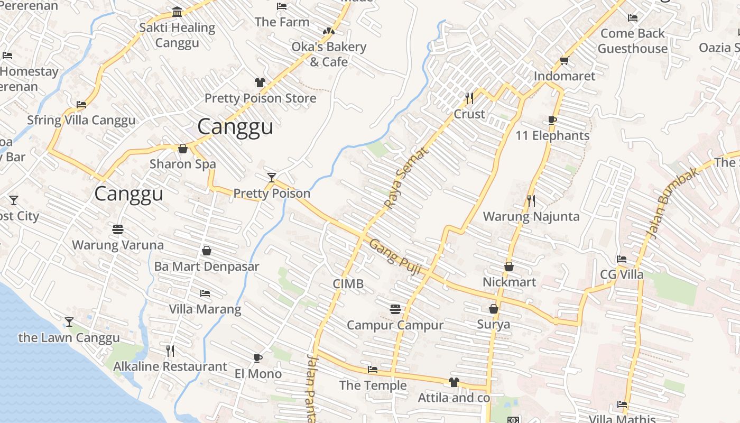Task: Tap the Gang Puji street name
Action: (395, 256)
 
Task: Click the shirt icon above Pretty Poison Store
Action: (260, 82)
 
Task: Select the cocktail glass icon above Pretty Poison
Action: (271, 177)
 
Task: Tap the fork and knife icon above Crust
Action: (469, 98)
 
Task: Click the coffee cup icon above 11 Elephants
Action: (552, 120)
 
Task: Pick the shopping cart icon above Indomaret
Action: (564, 60)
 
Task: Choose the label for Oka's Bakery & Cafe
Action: (329, 54)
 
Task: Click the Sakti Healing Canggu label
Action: (177, 35)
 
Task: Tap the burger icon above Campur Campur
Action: (395, 309)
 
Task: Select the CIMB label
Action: (348, 284)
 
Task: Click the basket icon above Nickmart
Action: (509, 266)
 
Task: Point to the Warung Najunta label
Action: (531, 216)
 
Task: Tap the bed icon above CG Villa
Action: (622, 259)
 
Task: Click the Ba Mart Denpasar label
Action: (207, 266)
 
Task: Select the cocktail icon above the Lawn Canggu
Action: (69, 321)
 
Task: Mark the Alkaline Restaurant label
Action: (170, 366)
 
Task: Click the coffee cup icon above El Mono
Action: (258, 358)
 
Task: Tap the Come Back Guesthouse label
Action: (633, 41)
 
